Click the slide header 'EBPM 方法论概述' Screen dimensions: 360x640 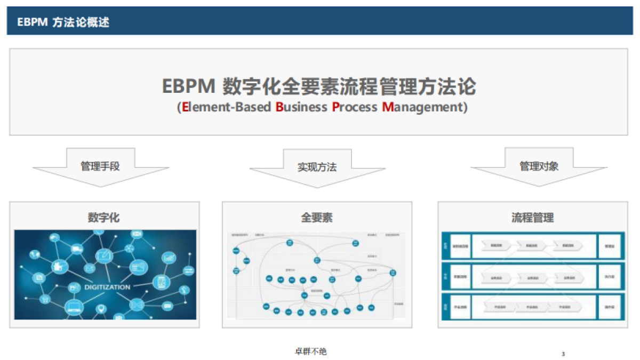pos(63,22)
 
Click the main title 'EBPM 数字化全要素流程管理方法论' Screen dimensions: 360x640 pos(319,86)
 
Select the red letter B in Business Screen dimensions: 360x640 pos(279,107)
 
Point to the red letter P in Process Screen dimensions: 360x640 pos(335,107)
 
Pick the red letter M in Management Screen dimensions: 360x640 pos(388,107)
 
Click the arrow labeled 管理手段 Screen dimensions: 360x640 pos(100,166)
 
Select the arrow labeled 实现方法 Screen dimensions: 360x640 pos(317,167)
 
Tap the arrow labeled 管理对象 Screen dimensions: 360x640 pos(539,166)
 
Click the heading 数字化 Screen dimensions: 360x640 pos(104,218)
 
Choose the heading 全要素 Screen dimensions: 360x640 pos(317,218)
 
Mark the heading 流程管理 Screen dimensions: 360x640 pos(532,218)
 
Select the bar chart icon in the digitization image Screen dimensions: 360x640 pos(170,258)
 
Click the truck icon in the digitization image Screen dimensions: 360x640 pos(76,249)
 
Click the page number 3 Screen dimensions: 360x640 pos(563,354)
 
